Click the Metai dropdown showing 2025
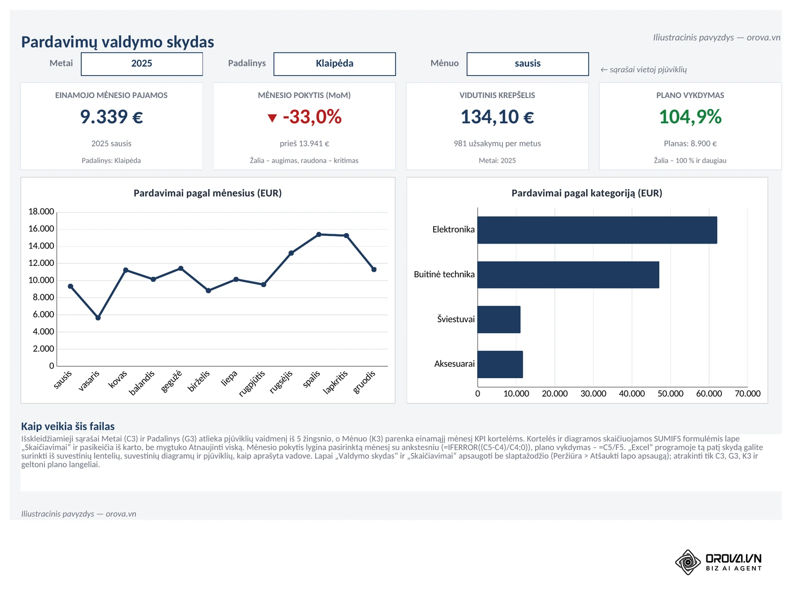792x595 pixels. click(x=142, y=64)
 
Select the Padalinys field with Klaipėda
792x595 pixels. click(x=335, y=64)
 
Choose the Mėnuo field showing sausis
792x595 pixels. click(x=528, y=64)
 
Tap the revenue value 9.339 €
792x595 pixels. click(x=111, y=117)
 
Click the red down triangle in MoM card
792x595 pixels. click(x=272, y=118)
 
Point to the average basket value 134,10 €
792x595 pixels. click(x=497, y=117)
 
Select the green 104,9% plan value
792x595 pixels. click(x=690, y=117)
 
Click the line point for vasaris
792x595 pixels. click(x=98, y=318)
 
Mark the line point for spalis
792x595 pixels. click(x=319, y=235)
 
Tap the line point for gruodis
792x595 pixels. click(x=374, y=270)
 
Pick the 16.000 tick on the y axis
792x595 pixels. click(x=41, y=229)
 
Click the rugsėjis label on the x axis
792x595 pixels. click(x=281, y=382)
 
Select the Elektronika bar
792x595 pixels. click(x=597, y=230)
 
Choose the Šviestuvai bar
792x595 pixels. click(x=498, y=320)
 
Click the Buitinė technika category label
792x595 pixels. click(x=444, y=275)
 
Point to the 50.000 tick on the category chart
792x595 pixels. click(x=670, y=394)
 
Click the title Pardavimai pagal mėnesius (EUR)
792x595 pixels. click(x=207, y=194)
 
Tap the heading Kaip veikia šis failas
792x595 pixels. click(x=68, y=427)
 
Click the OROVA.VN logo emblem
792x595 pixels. click(x=688, y=562)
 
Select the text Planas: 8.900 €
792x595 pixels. click(x=690, y=144)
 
